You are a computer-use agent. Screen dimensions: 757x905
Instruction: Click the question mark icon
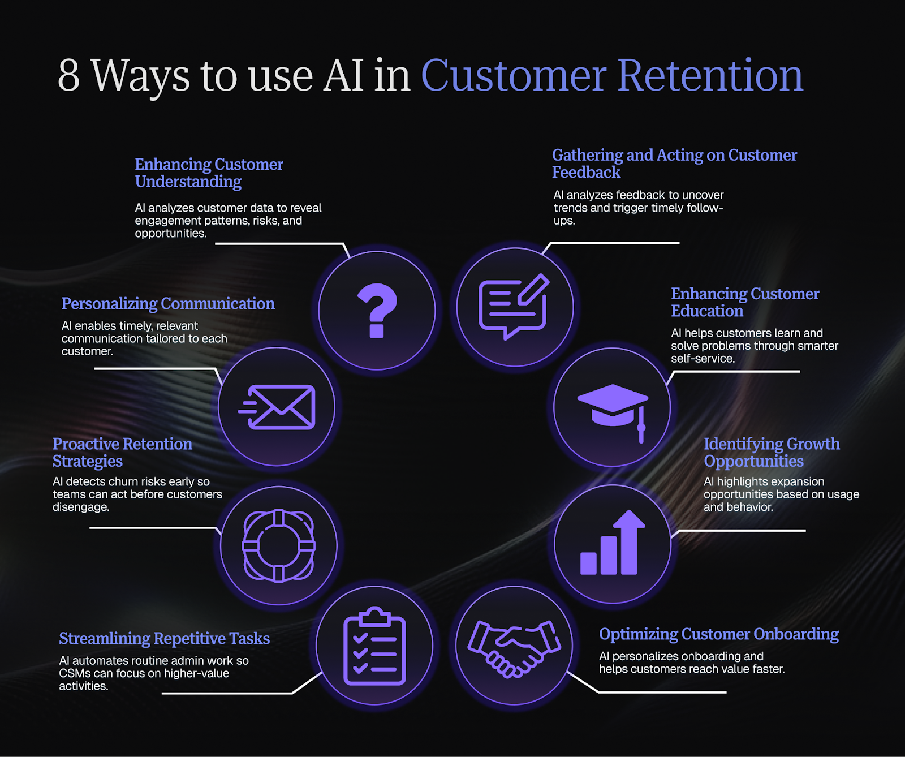pyautogui.click(x=377, y=311)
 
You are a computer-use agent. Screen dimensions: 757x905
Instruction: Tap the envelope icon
pyautogui.click(x=277, y=407)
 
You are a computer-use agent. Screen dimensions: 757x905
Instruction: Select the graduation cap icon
pyautogui.click(x=612, y=407)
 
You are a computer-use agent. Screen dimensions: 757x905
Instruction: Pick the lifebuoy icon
pyautogui.click(x=278, y=545)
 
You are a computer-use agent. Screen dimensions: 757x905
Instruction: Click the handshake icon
pyautogui.click(x=514, y=647)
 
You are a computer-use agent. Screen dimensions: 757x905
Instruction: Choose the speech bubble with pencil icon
pyautogui.click(x=514, y=307)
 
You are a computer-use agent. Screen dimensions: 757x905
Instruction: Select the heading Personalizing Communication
pyautogui.click(x=168, y=304)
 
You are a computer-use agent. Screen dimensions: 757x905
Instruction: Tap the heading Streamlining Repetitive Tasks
pyautogui.click(x=164, y=638)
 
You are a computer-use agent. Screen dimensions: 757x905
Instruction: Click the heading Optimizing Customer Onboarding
pyautogui.click(x=718, y=634)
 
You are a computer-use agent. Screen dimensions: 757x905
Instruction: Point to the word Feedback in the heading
pyautogui.click(x=586, y=172)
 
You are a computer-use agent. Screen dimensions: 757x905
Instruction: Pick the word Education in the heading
pyautogui.click(x=707, y=311)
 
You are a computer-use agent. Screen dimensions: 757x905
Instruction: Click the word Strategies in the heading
pyautogui.click(x=88, y=461)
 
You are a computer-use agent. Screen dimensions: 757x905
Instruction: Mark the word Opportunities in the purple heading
pyautogui.click(x=753, y=461)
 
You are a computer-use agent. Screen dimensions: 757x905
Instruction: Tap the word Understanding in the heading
pyautogui.click(x=188, y=182)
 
